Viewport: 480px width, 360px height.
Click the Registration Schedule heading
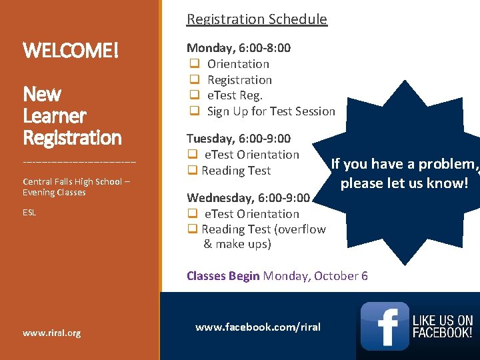click(257, 19)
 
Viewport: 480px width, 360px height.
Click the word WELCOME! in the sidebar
click(71, 50)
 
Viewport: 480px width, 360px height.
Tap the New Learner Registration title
click(72, 116)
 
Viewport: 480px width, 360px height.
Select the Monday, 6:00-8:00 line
click(239, 48)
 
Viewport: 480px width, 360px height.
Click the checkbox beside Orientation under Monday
click(194, 64)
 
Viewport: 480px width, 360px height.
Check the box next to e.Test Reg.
click(194, 95)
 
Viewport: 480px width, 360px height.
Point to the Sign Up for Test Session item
click(271, 111)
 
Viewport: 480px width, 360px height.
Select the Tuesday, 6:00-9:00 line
click(239, 139)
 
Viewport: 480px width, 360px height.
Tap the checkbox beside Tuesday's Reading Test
click(192, 171)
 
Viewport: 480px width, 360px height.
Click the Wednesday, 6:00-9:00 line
click(248, 197)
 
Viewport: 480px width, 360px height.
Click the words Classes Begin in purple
click(223, 276)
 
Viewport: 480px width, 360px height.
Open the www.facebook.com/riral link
click(257, 327)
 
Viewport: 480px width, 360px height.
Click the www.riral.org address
click(51, 333)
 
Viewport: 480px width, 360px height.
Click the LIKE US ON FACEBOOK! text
click(443, 327)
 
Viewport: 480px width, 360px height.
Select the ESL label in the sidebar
click(29, 213)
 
